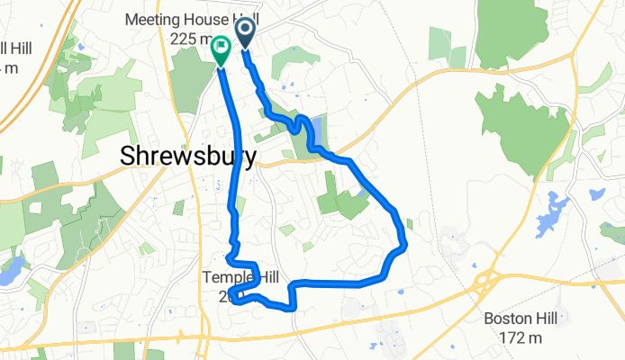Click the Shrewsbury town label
tap(188, 157)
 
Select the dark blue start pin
tap(246, 35)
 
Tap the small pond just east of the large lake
tap(594, 193)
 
